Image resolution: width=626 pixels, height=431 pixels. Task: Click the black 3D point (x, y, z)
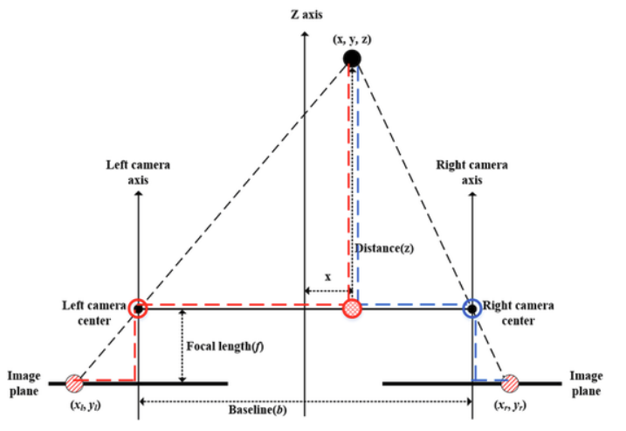(352, 59)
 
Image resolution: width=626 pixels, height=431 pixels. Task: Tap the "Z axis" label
(306, 15)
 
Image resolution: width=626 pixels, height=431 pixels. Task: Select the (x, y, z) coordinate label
(352, 39)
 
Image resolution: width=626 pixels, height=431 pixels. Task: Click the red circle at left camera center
(138, 309)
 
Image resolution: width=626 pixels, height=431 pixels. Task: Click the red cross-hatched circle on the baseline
(352, 309)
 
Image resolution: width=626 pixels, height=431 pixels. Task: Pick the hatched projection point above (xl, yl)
(75, 384)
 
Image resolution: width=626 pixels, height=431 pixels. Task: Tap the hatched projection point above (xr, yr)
(510, 384)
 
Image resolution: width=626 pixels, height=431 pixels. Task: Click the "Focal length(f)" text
(225, 346)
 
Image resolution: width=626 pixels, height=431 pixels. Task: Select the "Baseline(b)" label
(258, 410)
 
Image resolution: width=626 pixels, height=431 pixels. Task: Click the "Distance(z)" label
(385, 248)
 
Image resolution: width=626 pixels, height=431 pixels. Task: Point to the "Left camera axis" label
(138, 172)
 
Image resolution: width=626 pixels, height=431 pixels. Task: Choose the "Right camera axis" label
(471, 172)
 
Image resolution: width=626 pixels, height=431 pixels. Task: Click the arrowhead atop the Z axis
(305, 33)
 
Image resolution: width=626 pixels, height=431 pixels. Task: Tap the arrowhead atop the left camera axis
(139, 193)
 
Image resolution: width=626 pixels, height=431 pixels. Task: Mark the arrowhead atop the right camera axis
(472, 193)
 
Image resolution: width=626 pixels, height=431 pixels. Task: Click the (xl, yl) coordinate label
(86, 406)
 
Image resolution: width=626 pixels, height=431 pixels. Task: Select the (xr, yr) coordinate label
(510, 406)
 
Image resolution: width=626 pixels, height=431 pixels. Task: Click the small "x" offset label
(327, 276)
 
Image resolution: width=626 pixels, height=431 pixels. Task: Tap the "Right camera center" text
(519, 313)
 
